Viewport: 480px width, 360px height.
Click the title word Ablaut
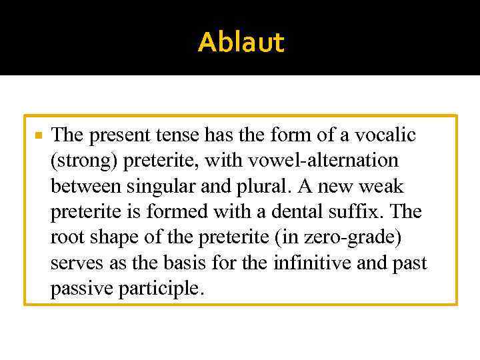[241, 43]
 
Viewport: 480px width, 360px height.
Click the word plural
[251, 186]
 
